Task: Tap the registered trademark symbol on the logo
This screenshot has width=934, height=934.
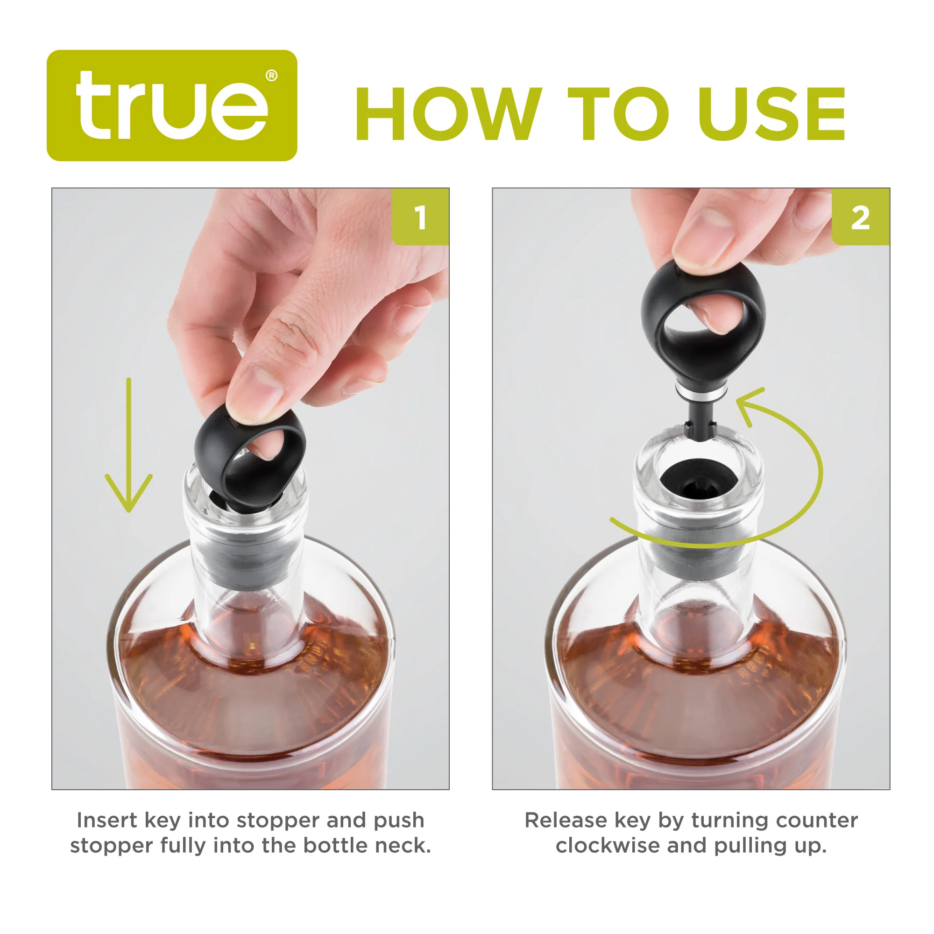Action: tap(272, 76)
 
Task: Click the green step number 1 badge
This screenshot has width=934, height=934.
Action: tap(420, 217)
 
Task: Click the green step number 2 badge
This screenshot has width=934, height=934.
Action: tap(860, 218)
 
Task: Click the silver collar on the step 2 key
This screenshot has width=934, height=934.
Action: tap(698, 394)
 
